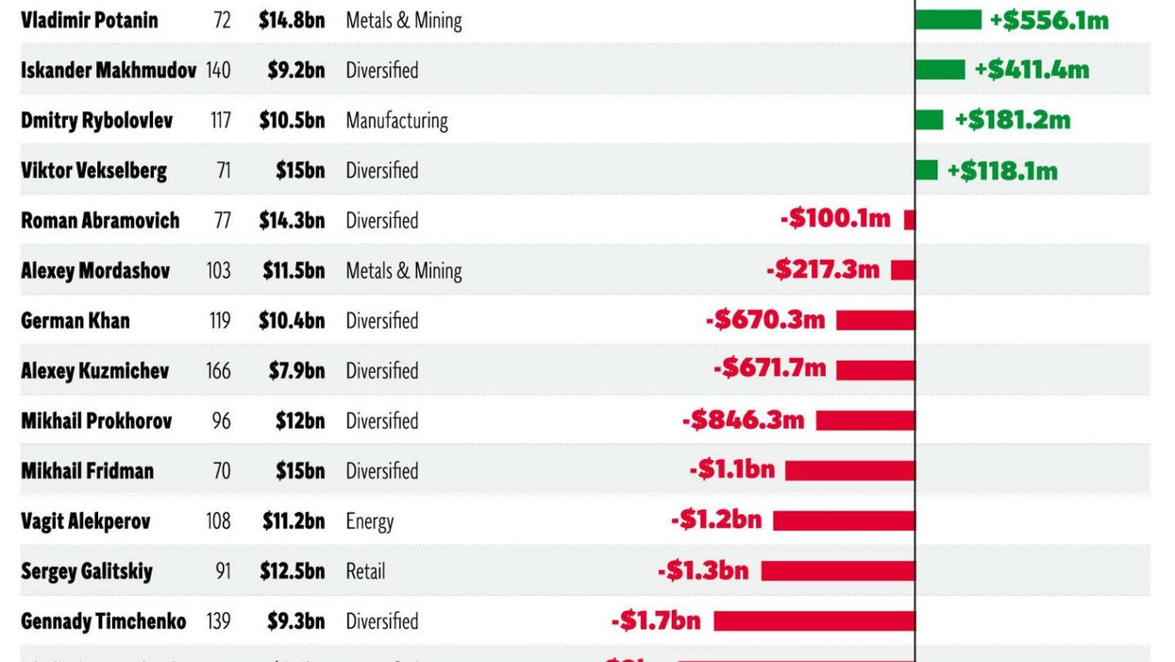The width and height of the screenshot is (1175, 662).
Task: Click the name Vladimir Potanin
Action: pos(90,20)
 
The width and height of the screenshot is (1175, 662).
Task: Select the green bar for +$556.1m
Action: pos(948,20)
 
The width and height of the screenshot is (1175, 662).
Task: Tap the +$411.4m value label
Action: pos(1032,70)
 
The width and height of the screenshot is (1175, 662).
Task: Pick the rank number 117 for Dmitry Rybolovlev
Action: pos(220,120)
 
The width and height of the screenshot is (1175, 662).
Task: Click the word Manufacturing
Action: pos(396,120)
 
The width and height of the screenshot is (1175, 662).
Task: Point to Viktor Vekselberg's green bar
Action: pos(927,170)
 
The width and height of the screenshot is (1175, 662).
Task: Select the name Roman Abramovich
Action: pos(100,220)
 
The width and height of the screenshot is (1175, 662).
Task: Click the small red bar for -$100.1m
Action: pos(910,220)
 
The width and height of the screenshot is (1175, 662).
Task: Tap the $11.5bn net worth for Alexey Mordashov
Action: pos(294,270)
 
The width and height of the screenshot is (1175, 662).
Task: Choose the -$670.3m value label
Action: pos(765,320)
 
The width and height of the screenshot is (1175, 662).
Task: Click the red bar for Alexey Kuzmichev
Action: pos(875,370)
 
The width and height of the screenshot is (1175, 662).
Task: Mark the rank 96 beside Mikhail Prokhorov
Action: pos(222,420)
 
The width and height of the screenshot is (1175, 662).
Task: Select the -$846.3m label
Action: pos(743,420)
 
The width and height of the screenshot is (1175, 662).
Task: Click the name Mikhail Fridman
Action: pos(87,470)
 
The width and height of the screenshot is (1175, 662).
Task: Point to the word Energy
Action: pos(369,521)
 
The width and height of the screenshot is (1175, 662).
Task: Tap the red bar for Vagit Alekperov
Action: pos(844,520)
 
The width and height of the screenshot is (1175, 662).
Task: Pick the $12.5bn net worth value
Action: pos(294,570)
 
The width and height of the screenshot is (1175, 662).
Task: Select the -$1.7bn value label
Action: pos(656,620)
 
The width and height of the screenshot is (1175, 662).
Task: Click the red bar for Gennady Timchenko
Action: pos(814,620)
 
